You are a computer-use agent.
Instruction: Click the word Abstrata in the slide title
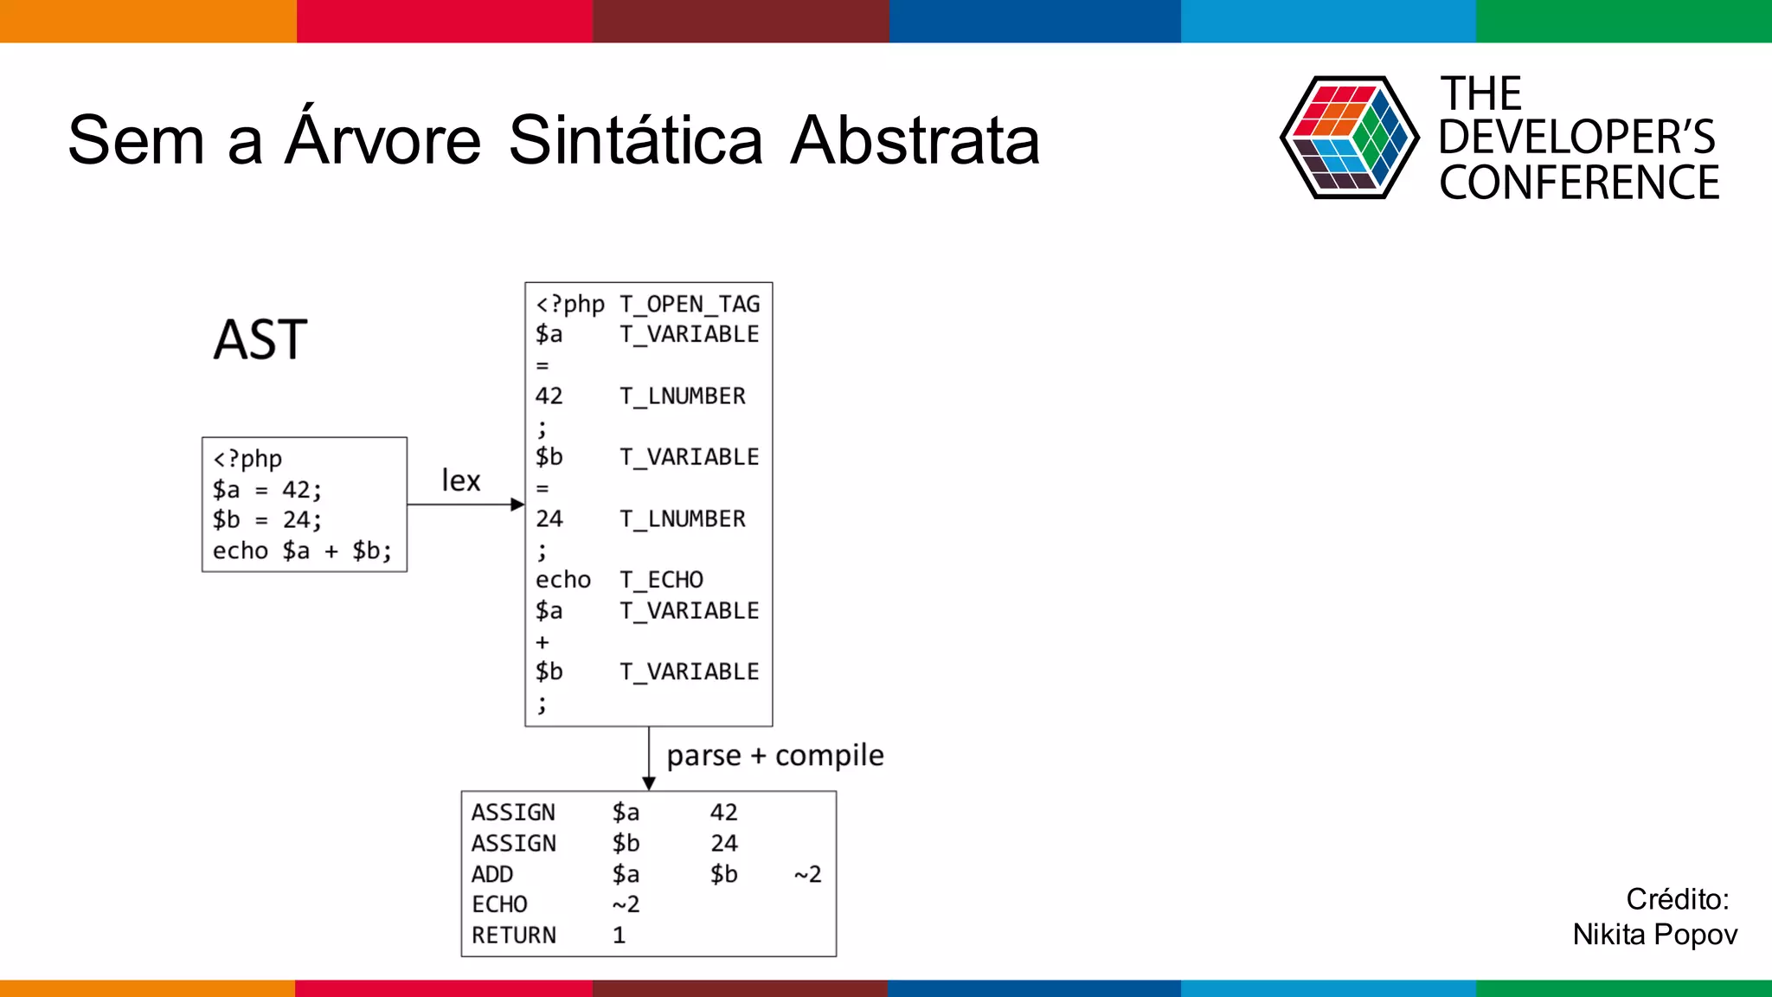pyautogui.click(x=915, y=140)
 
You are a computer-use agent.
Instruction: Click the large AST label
pyautogui.click(x=260, y=339)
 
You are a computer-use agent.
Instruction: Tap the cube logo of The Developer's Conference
pyautogui.click(x=1349, y=138)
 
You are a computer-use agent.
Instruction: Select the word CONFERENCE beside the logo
pyautogui.click(x=1579, y=183)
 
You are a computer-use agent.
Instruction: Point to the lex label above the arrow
pyautogui.click(x=460, y=480)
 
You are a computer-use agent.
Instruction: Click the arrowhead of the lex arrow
pyautogui.click(x=517, y=505)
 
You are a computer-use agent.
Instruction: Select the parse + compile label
pyautogui.click(x=774, y=756)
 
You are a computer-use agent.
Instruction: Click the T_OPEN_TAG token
pyautogui.click(x=690, y=305)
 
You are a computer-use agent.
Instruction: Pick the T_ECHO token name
pyautogui.click(x=661, y=580)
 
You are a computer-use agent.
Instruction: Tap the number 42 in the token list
pyautogui.click(x=549, y=396)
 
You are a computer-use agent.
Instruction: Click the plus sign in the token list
pyautogui.click(x=543, y=642)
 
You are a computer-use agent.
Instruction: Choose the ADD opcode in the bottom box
pyautogui.click(x=492, y=874)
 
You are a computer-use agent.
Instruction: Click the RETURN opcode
pyautogui.click(x=514, y=936)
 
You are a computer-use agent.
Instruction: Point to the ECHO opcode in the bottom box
pyautogui.click(x=499, y=904)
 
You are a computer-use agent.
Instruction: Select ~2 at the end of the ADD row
pyautogui.click(x=807, y=875)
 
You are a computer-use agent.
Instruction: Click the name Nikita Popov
pyautogui.click(x=1654, y=935)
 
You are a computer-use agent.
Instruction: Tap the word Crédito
pyautogui.click(x=1677, y=899)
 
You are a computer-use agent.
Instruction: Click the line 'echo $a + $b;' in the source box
pyautogui.click(x=302, y=551)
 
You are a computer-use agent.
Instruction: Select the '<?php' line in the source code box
pyautogui.click(x=247, y=459)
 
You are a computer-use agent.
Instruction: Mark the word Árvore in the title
pyautogui.click(x=383, y=140)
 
